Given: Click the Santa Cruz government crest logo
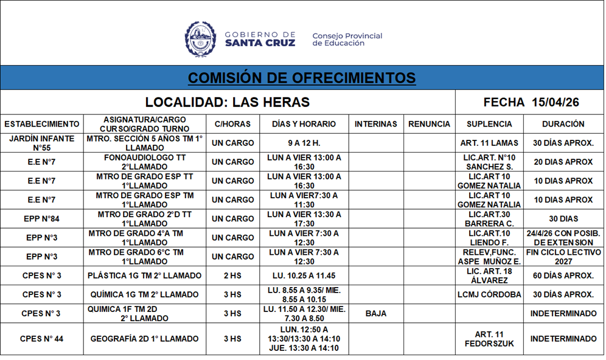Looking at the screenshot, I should coord(200,40).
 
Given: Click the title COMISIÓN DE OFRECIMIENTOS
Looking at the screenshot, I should coord(302,78).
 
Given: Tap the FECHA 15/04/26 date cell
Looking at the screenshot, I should coord(531,102).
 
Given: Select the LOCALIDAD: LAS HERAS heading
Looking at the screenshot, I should coord(228,102).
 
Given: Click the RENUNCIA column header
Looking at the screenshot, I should coord(430,124).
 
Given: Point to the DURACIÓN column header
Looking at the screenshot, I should coord(563,124).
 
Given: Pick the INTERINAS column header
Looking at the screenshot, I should coord(376,124).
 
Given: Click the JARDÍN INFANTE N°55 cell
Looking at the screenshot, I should coord(42,143).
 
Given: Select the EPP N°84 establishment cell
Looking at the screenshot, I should coord(42,218).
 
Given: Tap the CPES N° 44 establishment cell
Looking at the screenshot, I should coord(42,339).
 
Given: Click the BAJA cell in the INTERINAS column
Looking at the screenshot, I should coord(376,314).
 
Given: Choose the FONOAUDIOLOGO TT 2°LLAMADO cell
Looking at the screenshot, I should coord(145,162).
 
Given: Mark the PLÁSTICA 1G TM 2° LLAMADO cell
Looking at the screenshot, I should coord(145,276).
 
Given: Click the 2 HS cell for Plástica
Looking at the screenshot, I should coord(232,276).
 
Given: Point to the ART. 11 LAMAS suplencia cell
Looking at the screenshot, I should coord(489,143).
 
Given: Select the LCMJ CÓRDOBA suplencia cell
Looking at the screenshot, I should coord(489,295).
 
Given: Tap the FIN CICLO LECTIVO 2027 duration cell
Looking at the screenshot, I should coord(563,257).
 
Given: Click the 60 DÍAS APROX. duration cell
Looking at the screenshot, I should coord(563,276).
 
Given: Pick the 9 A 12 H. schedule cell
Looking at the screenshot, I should coord(304,143).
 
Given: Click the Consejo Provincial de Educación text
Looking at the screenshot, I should coord(347,40).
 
